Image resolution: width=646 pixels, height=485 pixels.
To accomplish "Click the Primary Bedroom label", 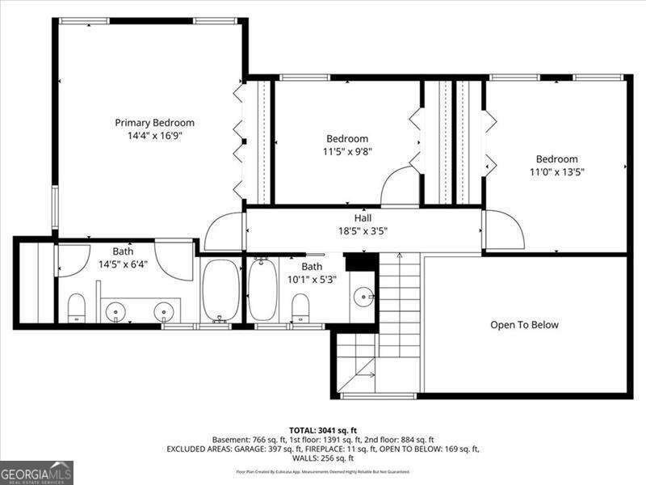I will tap(154, 123).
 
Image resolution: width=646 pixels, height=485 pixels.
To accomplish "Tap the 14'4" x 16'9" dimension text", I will tap(154, 136).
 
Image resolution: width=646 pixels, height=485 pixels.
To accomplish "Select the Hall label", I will tap(363, 218).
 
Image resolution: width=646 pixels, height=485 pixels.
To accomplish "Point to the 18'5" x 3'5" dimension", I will tap(363, 230).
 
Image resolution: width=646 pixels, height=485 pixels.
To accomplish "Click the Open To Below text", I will tap(524, 325).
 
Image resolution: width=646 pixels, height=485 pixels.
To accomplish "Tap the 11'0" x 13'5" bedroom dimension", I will tap(556, 171).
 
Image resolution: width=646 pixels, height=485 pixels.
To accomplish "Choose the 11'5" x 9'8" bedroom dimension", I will tap(346, 150).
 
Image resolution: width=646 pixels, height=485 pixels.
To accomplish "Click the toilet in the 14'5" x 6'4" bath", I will tap(77, 306).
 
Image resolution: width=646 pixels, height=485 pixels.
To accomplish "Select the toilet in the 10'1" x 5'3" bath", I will tap(300, 306).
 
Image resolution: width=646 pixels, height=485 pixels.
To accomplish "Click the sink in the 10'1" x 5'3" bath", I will tap(364, 297).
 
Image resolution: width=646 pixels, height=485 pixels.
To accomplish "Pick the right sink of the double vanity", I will tap(164, 310).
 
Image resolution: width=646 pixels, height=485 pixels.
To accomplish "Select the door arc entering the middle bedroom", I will tap(399, 187).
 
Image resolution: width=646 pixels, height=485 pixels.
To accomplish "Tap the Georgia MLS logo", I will tap(36, 472).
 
